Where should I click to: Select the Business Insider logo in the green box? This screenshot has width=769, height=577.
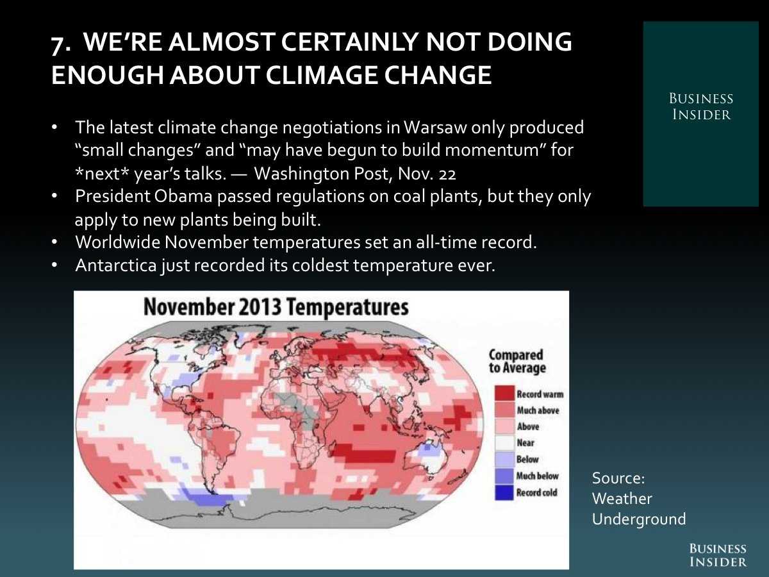click(700, 107)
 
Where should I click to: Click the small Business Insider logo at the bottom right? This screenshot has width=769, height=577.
click(718, 555)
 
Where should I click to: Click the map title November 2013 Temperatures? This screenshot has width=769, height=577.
click(276, 307)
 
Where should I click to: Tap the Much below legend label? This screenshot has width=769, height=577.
click(537, 476)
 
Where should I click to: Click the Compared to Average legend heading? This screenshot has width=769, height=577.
click(516, 361)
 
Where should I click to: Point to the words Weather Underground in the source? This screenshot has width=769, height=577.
click(638, 508)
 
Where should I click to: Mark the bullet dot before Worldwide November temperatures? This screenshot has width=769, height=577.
click(55, 243)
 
